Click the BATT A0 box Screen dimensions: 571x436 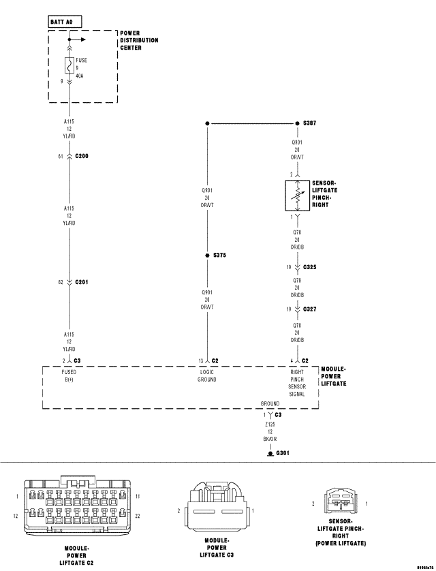65,22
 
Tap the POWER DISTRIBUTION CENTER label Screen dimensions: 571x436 139,40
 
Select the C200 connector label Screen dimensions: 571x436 82,156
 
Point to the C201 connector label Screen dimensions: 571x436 82,281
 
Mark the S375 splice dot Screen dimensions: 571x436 206,256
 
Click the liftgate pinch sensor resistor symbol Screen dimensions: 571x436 296,195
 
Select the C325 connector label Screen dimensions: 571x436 309,267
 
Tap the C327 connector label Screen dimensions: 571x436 309,309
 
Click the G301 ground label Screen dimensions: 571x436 283,452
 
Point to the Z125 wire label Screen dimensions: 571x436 270,424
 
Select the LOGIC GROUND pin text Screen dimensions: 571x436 206,376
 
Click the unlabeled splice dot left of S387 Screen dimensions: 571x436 206,124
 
